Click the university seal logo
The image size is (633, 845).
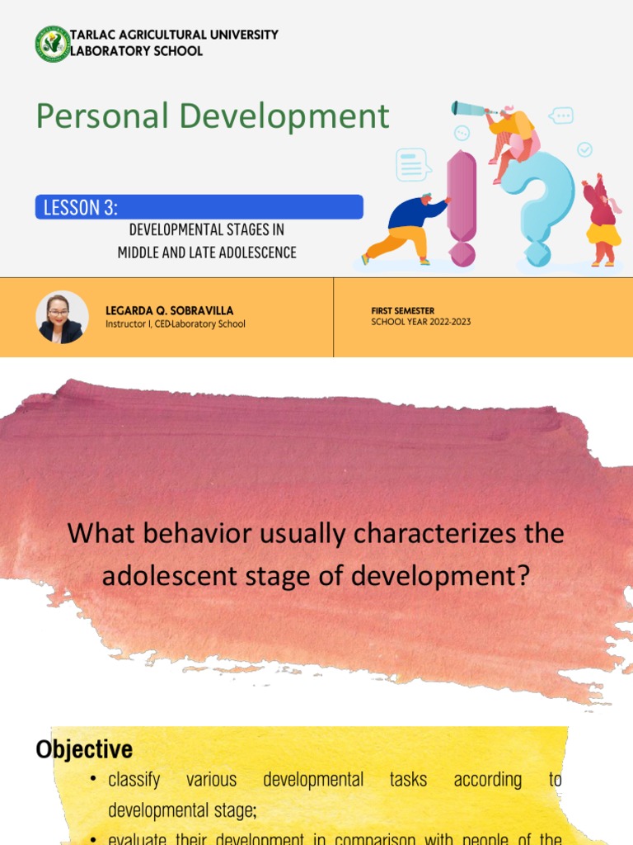coord(52,44)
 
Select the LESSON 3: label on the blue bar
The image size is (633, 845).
coord(80,207)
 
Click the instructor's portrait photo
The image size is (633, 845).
coord(62,317)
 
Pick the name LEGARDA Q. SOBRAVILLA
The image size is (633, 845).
coord(169,311)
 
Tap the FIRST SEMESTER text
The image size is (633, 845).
coord(403,311)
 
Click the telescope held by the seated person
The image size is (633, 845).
coord(469,108)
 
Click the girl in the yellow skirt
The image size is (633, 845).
coord(602,220)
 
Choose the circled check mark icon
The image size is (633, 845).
coord(584,149)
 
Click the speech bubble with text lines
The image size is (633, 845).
coord(412,164)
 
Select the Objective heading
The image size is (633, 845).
coord(84,749)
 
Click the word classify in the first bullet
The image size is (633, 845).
coord(134,780)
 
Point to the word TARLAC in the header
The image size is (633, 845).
coord(93,35)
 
